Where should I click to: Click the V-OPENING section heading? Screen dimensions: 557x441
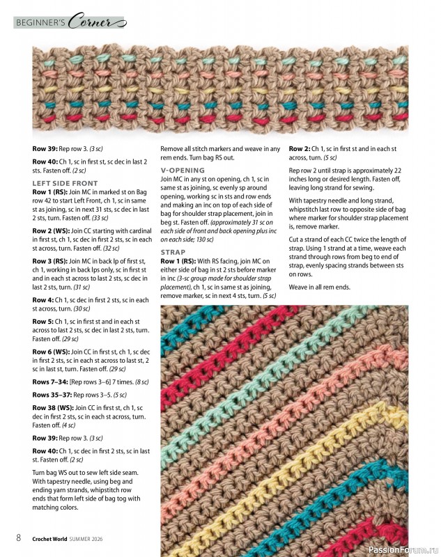(x=183, y=169)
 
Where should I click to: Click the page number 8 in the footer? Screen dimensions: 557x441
(x=19, y=538)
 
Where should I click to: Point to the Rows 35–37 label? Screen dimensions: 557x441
(x=50, y=394)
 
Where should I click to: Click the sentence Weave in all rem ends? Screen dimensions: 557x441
(x=319, y=288)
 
